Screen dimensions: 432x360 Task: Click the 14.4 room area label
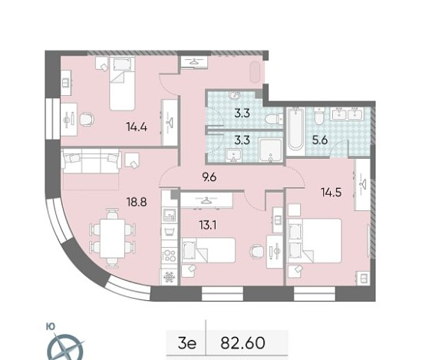pyautogui.click(x=137, y=127)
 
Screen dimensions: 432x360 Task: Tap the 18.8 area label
pyautogui.click(x=137, y=203)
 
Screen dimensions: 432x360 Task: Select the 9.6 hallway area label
pyautogui.click(x=209, y=177)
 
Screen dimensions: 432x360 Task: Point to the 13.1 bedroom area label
pyautogui.click(x=208, y=226)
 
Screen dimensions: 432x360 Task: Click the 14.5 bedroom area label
pyautogui.click(x=331, y=192)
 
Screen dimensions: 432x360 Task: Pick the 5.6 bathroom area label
pyautogui.click(x=320, y=140)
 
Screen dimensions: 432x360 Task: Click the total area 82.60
pyautogui.click(x=242, y=343)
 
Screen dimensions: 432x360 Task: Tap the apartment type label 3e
pyautogui.click(x=187, y=343)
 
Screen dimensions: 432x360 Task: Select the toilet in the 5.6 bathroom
pyautogui.click(x=319, y=117)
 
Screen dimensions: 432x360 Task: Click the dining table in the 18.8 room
pyautogui.click(x=112, y=238)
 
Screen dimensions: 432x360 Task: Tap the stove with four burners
pyautogui.click(x=170, y=255)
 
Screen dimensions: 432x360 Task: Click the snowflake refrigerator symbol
pyautogui.click(x=169, y=277)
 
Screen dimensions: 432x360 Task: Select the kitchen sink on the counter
pyautogui.click(x=170, y=215)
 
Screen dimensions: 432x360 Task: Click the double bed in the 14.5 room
pyautogui.click(x=315, y=240)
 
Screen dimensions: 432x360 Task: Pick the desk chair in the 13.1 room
pyautogui.click(x=256, y=250)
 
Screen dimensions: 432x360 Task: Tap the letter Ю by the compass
pyautogui.click(x=51, y=327)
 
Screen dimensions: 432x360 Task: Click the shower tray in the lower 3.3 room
pyautogui.click(x=271, y=150)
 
